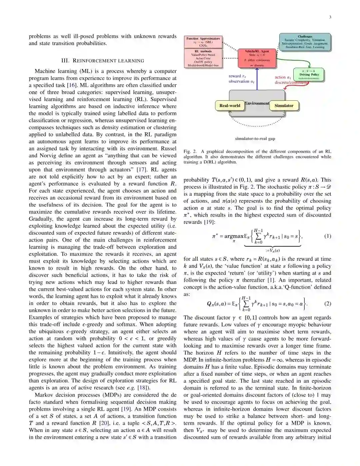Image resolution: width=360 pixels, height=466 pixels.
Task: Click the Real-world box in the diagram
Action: pos(230,106)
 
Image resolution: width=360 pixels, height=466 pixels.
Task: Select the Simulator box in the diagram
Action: pos(284,106)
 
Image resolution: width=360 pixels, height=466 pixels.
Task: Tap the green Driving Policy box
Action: pos(309,74)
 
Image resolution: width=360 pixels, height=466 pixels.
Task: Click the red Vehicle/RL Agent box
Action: pos(257,58)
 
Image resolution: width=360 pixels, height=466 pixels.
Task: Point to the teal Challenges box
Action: pos(305,42)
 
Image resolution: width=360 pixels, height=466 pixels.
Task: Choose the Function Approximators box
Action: pos(203,42)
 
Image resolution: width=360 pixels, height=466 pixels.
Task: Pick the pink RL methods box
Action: pos(203,58)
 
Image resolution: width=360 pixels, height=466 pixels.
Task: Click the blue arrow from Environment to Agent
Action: pos(257,79)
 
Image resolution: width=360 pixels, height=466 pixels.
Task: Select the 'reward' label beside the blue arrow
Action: pos(235,76)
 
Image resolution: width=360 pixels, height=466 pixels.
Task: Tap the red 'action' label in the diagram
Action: pos(280,77)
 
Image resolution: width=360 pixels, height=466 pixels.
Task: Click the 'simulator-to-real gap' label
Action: pos(255,139)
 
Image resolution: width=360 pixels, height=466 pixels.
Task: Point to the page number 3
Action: pos(330,17)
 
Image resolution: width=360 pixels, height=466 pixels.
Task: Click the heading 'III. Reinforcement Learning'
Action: pos(103,61)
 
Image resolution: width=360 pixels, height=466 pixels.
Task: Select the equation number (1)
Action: pos(328,236)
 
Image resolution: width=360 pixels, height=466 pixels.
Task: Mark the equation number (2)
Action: pos(328,303)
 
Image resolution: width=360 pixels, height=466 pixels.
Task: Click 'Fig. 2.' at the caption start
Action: pos(190,151)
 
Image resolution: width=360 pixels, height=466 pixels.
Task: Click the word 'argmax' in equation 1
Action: pos(234,236)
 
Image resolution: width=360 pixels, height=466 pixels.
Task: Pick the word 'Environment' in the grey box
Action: pos(257,103)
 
